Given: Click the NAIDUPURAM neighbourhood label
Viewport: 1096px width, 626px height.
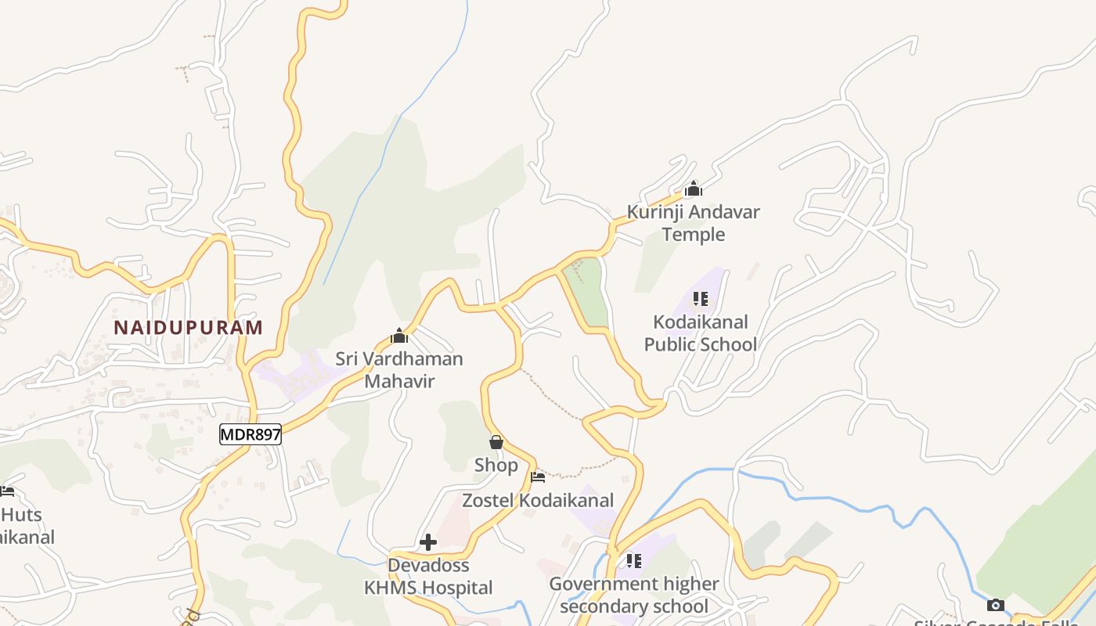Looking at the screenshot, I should (x=188, y=327).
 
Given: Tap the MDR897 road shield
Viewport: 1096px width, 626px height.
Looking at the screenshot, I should (x=250, y=434).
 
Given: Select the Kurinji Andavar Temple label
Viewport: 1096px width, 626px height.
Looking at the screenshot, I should (x=693, y=222).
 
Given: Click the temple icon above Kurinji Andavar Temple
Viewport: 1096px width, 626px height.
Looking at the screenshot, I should (x=693, y=189).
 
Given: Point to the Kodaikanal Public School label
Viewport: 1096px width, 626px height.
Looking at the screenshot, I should (x=700, y=333).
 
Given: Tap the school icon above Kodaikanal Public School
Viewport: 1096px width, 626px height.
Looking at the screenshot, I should (x=700, y=299).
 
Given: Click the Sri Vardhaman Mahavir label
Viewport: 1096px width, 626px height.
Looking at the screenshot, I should (x=399, y=369).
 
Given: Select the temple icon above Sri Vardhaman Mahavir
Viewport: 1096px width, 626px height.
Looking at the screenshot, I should (x=399, y=336).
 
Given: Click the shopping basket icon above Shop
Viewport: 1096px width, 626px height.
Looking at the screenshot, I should (x=496, y=442).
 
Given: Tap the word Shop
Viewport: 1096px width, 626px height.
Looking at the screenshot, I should (x=496, y=465).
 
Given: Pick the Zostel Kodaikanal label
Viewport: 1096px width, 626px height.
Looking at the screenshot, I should (x=538, y=500).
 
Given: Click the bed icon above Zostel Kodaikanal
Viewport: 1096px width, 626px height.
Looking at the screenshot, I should (x=538, y=477).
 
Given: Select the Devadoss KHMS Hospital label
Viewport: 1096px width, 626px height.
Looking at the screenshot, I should (x=428, y=576).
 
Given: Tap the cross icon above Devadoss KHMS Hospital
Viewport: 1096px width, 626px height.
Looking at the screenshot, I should (x=428, y=542).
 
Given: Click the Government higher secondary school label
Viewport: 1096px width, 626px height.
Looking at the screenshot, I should (x=633, y=595).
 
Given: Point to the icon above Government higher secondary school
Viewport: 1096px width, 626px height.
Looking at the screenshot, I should (x=633, y=561).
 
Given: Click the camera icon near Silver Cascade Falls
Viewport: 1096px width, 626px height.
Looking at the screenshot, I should (x=995, y=605).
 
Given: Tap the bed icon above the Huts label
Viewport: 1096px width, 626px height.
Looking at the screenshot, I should (x=7, y=491).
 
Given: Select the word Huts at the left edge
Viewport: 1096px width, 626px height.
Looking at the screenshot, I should (x=21, y=515).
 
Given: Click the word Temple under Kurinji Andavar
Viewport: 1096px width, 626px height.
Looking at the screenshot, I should (x=693, y=234).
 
